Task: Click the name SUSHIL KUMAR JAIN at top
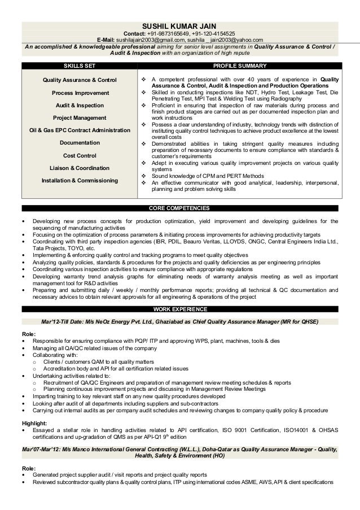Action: click(x=180, y=26)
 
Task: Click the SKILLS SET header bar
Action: click(x=79, y=67)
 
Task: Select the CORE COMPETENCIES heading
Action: click(x=180, y=208)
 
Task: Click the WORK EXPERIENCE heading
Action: click(x=180, y=310)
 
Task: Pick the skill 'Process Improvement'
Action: click(x=80, y=93)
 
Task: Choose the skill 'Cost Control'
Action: click(x=80, y=155)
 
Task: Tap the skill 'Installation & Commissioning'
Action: click(x=80, y=181)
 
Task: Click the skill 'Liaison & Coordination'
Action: click(x=80, y=168)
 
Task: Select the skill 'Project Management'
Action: click(x=80, y=118)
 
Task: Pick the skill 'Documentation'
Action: click(x=80, y=143)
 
